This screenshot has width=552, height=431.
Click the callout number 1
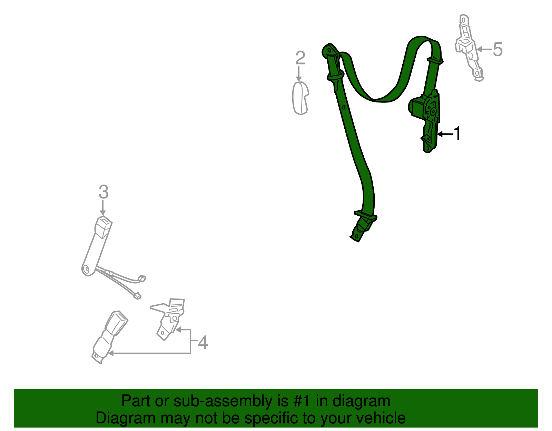tap(457, 134)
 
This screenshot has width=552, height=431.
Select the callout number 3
tap(103, 192)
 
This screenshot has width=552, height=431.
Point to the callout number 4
tap(203, 343)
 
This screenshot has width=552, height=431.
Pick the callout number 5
tap(497, 50)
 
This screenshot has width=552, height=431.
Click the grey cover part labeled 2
tap(300, 98)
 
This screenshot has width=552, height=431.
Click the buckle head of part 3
tap(103, 227)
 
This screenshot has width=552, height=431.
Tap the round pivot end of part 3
tap(87, 270)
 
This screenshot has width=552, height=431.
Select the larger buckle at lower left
tap(109, 335)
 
